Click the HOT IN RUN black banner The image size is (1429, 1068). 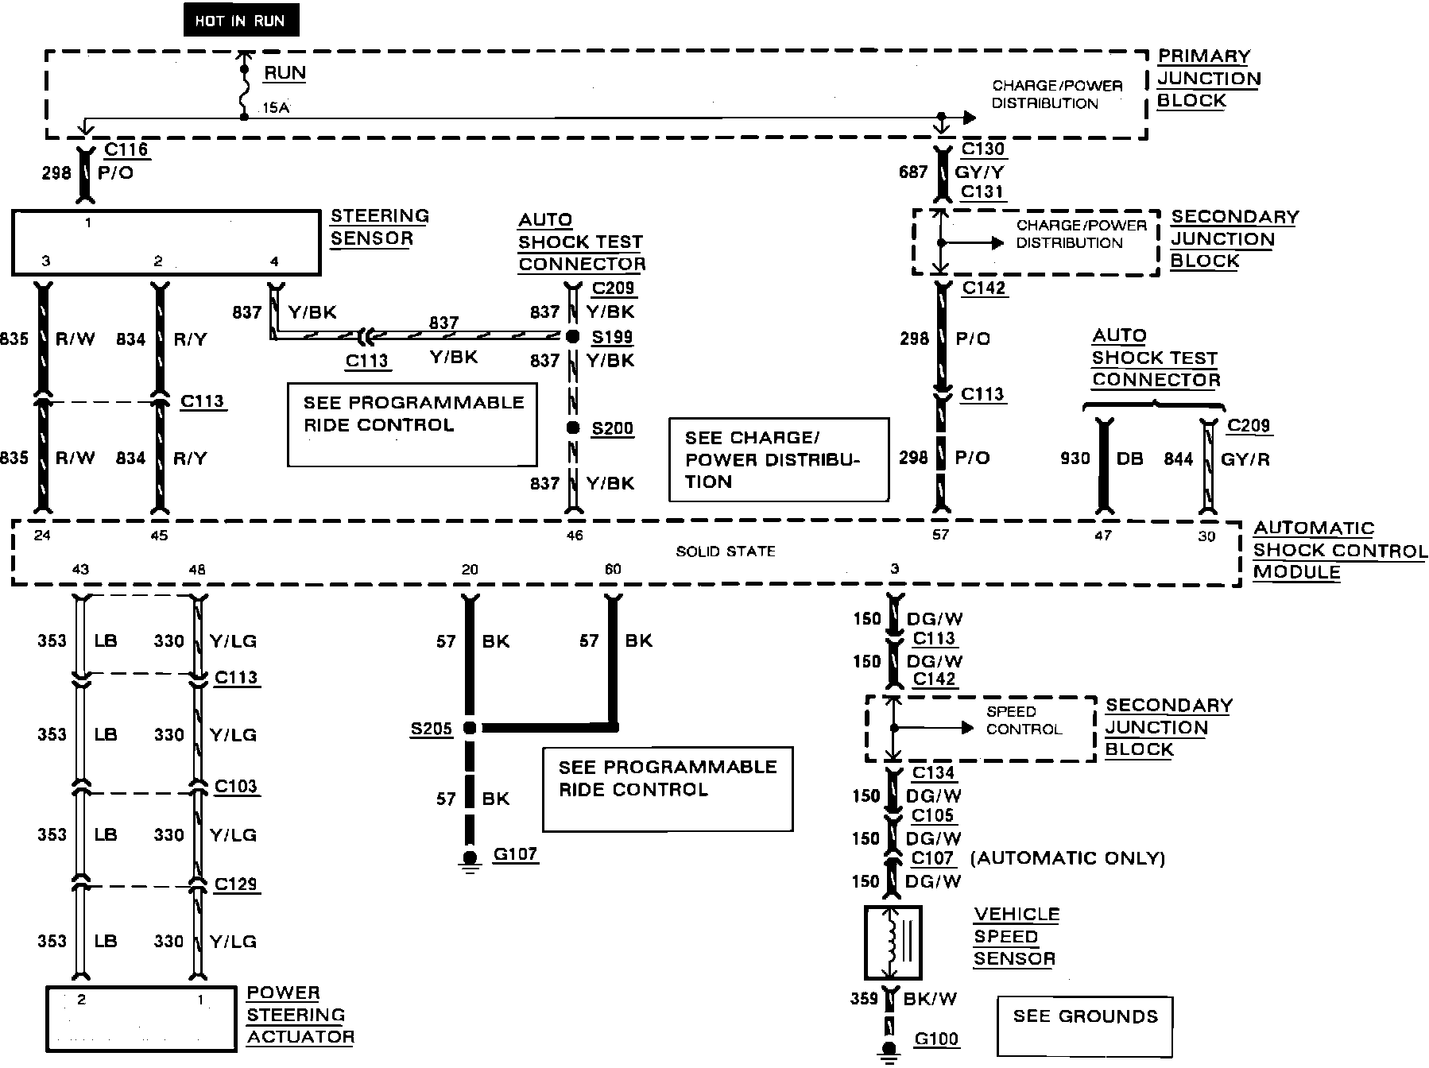coord(241,21)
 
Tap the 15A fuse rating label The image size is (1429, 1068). coord(276,107)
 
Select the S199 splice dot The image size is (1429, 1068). coord(572,337)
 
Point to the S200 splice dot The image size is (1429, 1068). coord(572,428)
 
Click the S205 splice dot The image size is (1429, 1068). coord(470,728)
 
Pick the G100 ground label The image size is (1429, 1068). coord(936,1039)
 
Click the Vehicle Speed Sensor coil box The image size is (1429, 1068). coord(893,942)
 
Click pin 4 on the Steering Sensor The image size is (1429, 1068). coord(275,261)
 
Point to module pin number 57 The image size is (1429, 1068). coord(941,535)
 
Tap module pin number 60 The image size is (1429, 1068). coord(613,569)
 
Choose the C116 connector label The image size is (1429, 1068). coord(126,149)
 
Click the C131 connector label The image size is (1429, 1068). coord(982,192)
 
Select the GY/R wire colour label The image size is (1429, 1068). coord(1245,459)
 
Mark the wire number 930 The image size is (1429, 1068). coord(1075,459)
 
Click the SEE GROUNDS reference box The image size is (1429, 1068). coord(1085,1027)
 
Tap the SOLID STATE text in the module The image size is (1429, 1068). coord(726,551)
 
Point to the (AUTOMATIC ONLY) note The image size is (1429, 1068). coord(1067,858)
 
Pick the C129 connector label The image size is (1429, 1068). coord(236,884)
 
